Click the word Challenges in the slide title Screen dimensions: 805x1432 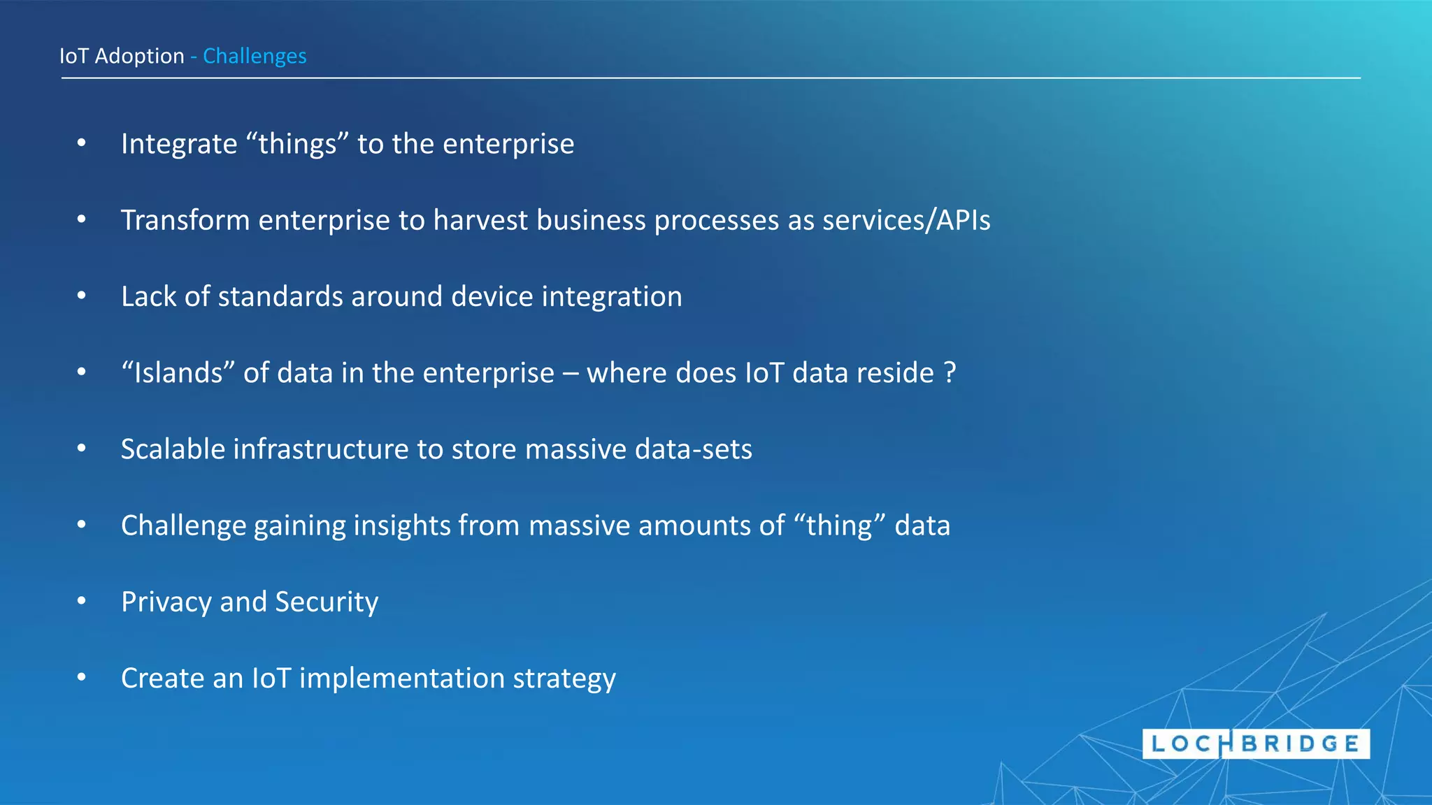tap(255, 56)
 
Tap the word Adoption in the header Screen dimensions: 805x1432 tap(139, 56)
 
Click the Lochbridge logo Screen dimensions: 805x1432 tap(1256, 744)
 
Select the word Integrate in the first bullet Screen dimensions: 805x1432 tap(179, 144)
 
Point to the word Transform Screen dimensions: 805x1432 tap(185, 220)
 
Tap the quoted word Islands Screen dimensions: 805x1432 tap(178, 372)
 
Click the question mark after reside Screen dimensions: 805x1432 tap(950, 372)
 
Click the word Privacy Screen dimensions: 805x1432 tap(166, 602)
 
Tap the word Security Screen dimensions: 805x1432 tap(327, 602)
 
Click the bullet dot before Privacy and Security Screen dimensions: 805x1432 tap(82, 600)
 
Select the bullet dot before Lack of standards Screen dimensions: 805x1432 tap(82, 296)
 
